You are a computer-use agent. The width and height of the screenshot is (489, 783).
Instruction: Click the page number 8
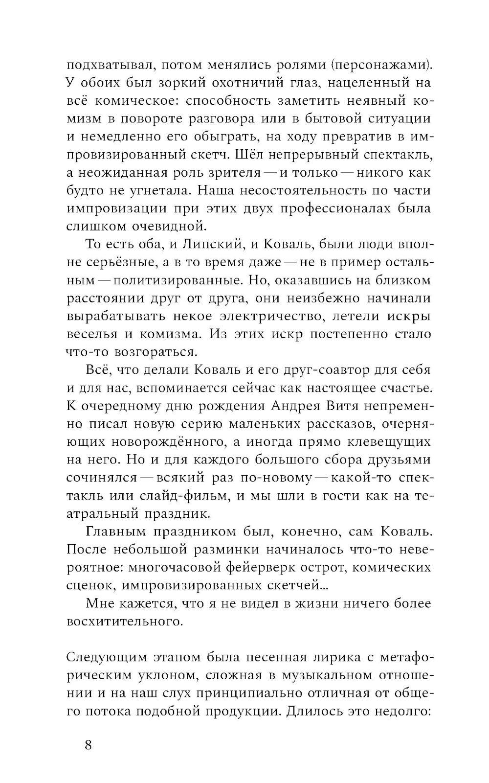click(88, 745)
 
